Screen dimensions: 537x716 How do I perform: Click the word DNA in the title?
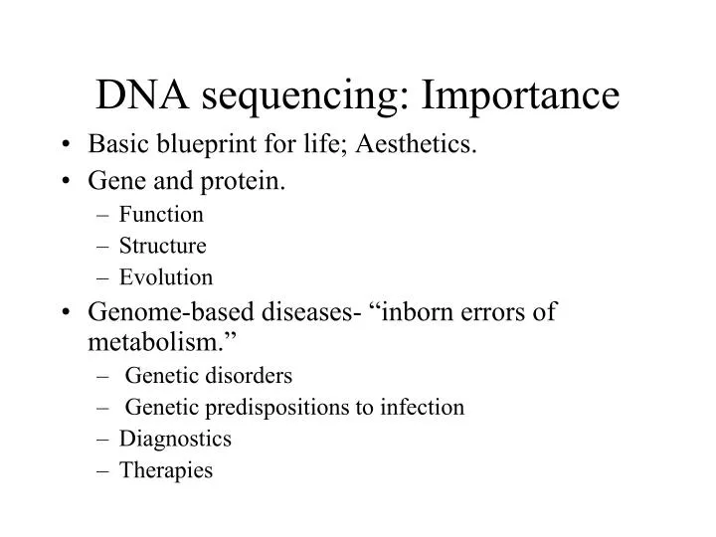139,94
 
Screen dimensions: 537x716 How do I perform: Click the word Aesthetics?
425,146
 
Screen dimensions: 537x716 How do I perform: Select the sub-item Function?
161,215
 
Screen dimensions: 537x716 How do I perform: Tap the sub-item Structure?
163,246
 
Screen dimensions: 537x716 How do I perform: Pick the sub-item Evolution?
166,277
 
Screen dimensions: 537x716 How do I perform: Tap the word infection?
425,407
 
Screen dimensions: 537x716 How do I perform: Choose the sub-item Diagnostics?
175,439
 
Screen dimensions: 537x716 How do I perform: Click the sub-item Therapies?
166,470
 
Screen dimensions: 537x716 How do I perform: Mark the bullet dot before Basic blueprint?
65,147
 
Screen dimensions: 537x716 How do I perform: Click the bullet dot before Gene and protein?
65,182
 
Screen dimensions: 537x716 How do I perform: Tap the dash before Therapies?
104,470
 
